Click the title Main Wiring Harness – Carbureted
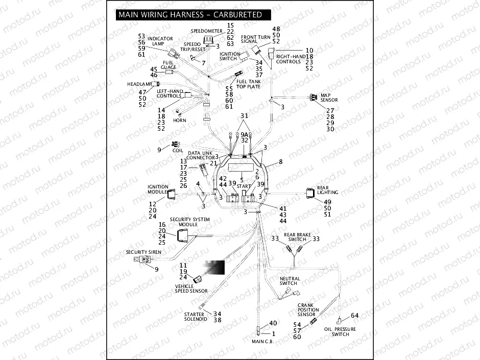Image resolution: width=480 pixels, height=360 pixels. tap(190, 15)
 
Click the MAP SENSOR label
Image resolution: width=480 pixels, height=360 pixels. tap(329, 98)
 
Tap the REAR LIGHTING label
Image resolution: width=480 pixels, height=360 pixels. tap(327, 190)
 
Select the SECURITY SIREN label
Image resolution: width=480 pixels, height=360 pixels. tap(143, 252)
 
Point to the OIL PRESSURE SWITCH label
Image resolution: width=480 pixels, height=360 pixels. tap(341, 332)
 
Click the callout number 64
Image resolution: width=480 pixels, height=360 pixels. tap(354, 315)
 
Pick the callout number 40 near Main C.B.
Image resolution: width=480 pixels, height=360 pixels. tap(273, 323)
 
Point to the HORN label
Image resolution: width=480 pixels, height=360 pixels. tap(179, 121)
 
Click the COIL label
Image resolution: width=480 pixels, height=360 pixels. tap(177, 151)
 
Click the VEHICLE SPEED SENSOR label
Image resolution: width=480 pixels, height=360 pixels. tap(191, 289)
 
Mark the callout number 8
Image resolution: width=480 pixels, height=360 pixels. tap(280, 162)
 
